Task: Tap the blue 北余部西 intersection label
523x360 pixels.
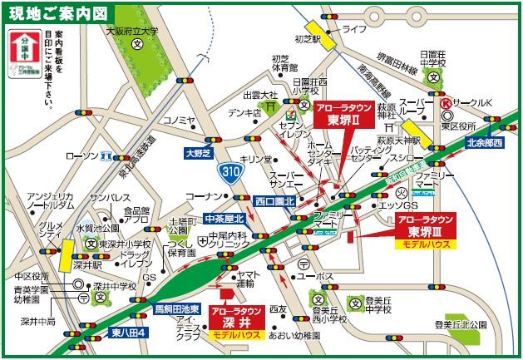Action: point(486,143)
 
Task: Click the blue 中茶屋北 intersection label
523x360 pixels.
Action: point(226,219)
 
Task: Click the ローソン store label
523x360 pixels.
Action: point(81,155)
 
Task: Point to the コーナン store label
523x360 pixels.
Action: point(200,195)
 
